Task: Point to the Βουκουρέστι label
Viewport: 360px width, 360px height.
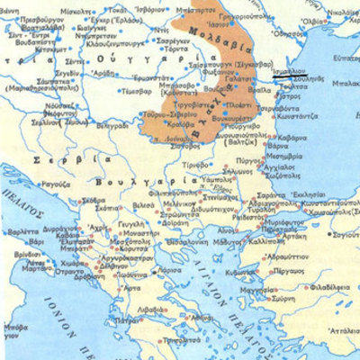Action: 219,117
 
